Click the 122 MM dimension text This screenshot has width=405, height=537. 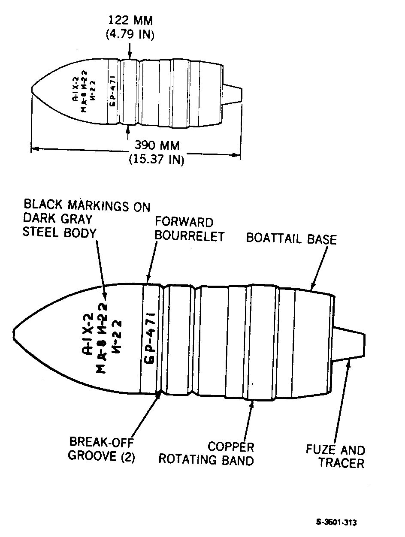click(130, 20)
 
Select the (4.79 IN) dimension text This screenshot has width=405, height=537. click(130, 34)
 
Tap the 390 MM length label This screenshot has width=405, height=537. click(157, 145)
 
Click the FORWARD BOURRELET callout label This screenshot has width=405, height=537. click(189, 229)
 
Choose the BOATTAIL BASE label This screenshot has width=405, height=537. click(291, 238)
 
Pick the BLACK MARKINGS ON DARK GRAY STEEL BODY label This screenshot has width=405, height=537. click(86, 218)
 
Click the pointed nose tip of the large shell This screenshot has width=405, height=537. click(13, 334)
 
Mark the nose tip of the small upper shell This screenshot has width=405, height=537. click(32, 90)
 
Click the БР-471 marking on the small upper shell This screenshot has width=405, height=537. click(112, 91)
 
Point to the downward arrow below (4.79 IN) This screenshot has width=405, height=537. click(130, 51)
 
